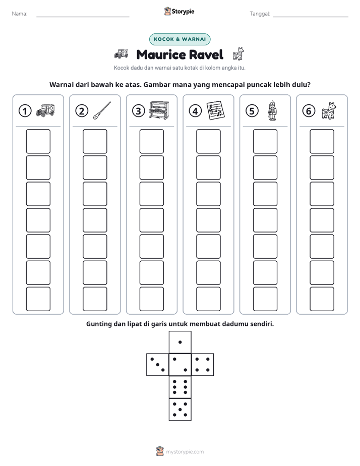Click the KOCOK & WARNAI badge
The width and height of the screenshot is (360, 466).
tap(179, 39)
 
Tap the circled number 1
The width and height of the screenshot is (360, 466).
tap(25, 111)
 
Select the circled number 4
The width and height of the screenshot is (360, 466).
tap(195, 111)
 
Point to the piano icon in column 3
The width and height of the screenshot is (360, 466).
tap(159, 110)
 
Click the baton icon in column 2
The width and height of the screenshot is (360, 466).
tap(102, 110)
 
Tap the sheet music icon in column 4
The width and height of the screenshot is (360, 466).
tap(215, 110)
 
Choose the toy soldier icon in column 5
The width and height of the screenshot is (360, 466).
tap(272, 110)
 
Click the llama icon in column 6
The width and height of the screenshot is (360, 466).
tap(329, 110)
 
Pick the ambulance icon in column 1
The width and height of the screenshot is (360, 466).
tap(45, 110)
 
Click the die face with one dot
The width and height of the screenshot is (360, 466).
tap(180, 342)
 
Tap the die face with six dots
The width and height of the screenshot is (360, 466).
tap(180, 387)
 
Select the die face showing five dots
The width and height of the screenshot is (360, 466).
tap(180, 410)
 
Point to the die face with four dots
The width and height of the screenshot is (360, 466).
tap(203, 365)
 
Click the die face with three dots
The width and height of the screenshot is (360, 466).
tap(157, 365)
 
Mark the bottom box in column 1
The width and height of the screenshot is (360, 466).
tap(38, 299)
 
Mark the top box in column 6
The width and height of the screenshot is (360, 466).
tap(322, 141)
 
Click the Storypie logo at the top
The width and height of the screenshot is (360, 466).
tap(179, 12)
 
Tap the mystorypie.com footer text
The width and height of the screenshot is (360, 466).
tap(185, 452)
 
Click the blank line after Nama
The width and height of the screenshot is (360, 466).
tap(83, 17)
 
